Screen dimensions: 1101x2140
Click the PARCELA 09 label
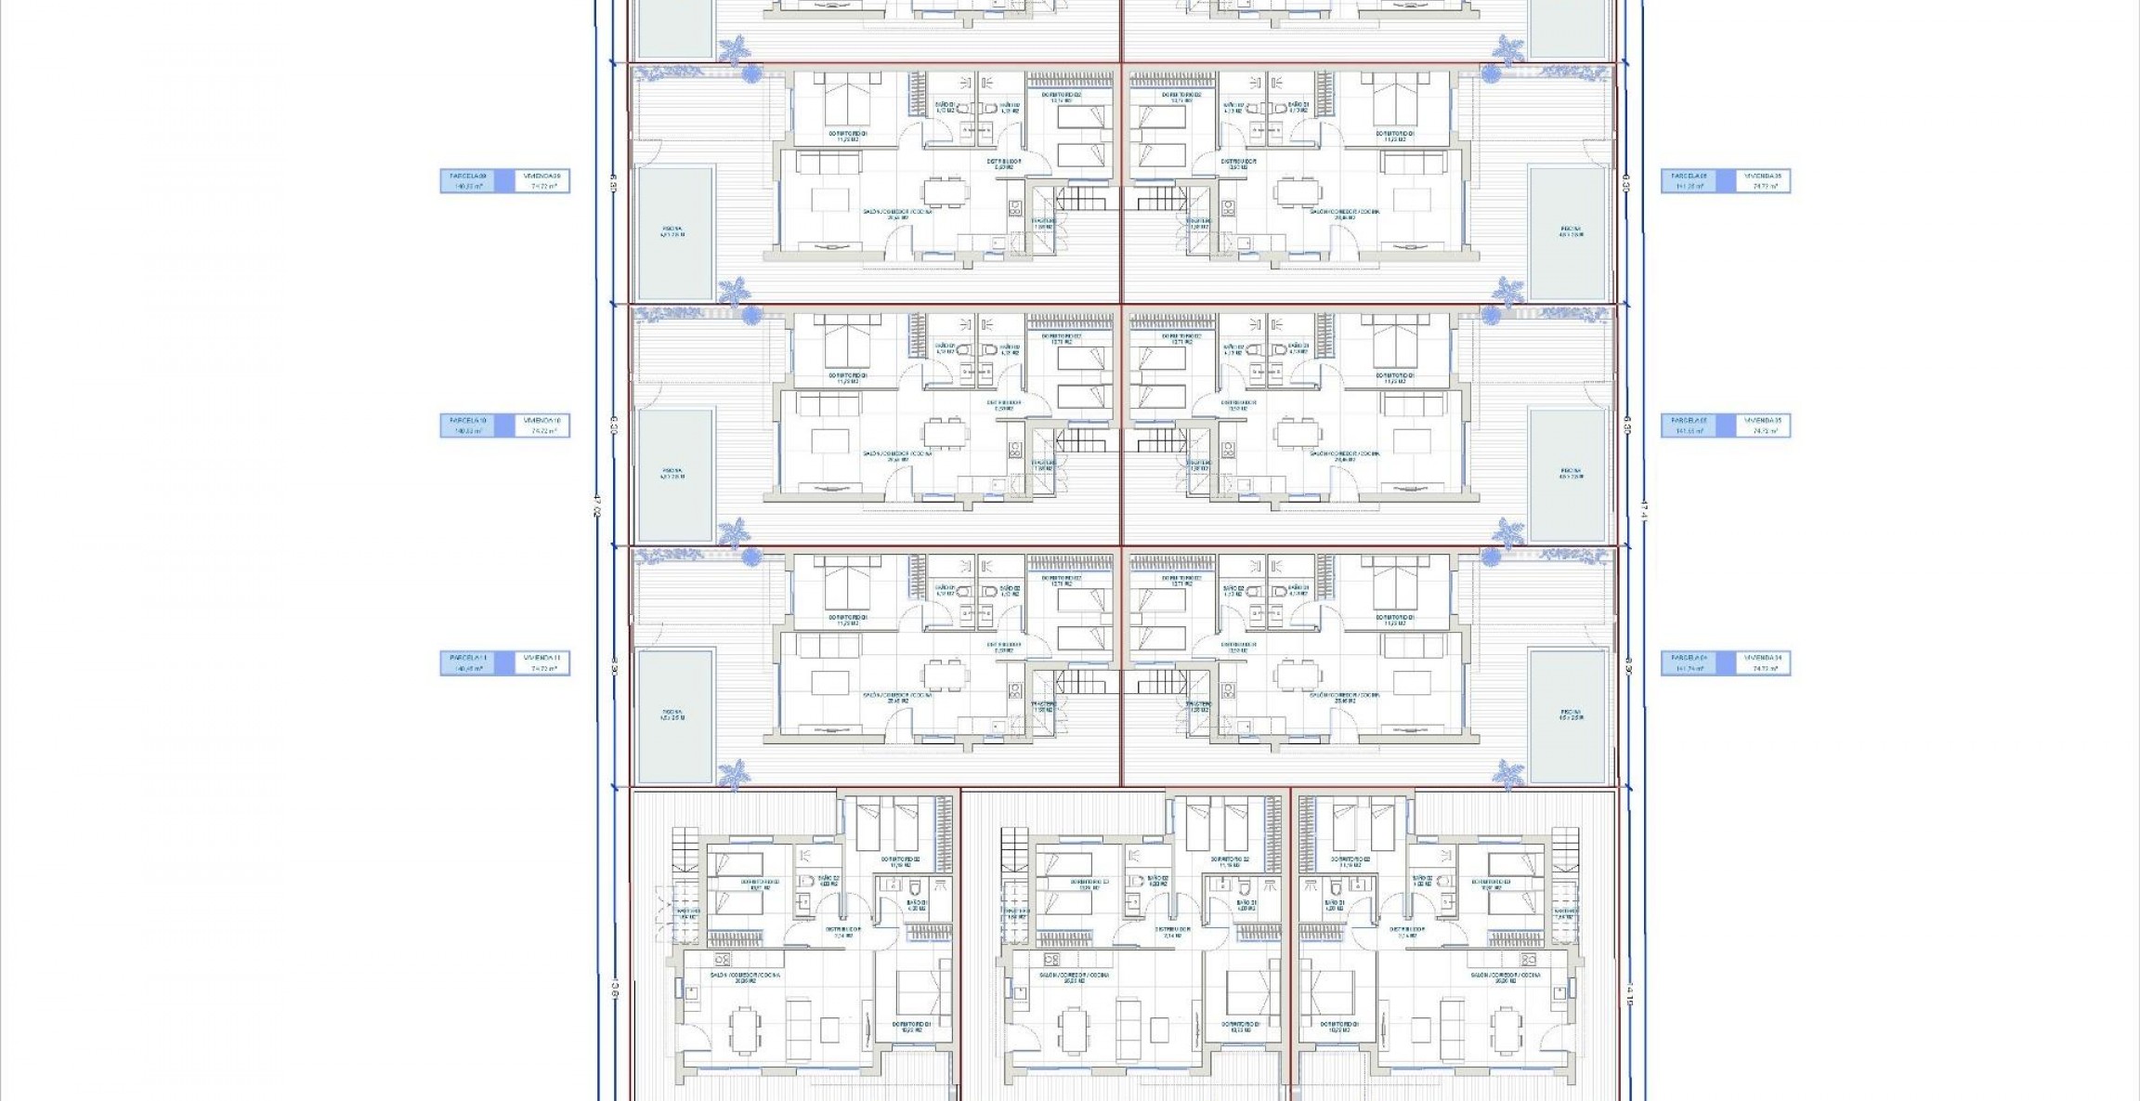[x=468, y=180]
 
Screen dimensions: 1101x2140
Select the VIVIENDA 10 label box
[x=543, y=426]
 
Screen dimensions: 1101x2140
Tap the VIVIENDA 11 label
[x=543, y=663]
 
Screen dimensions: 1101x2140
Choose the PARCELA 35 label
[x=1689, y=426]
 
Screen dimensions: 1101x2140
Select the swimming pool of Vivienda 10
[x=676, y=475]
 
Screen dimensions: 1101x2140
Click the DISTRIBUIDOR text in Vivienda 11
[x=1003, y=645]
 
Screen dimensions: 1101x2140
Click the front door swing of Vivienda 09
[x=896, y=243]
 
